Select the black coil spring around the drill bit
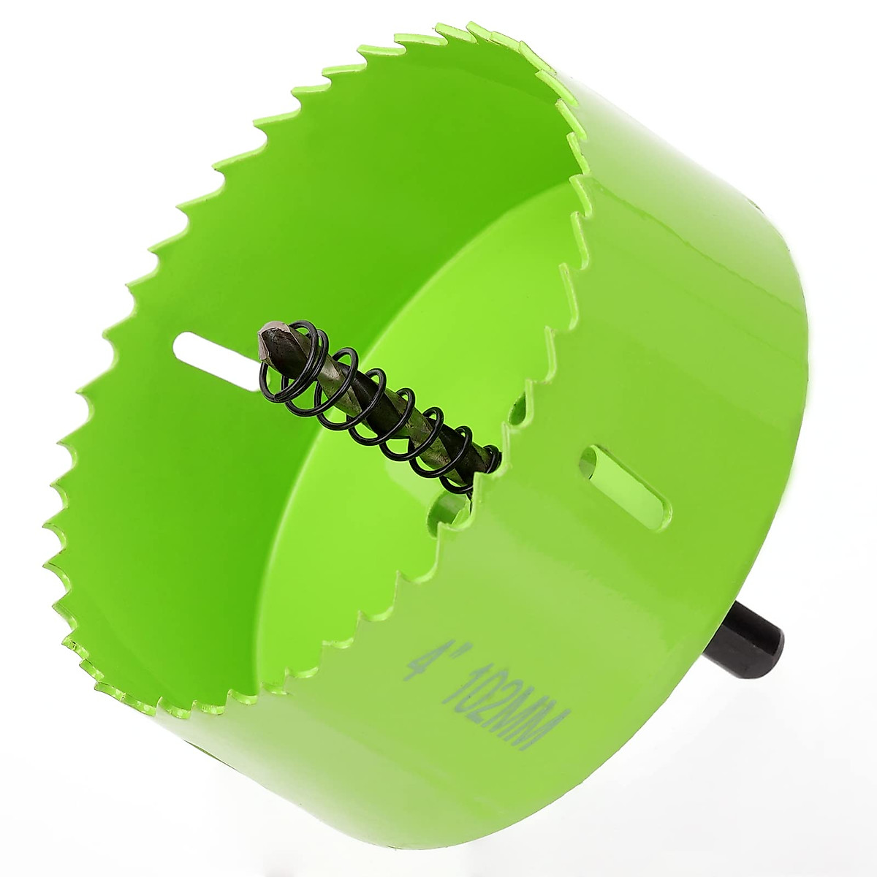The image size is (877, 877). point(380,409)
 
